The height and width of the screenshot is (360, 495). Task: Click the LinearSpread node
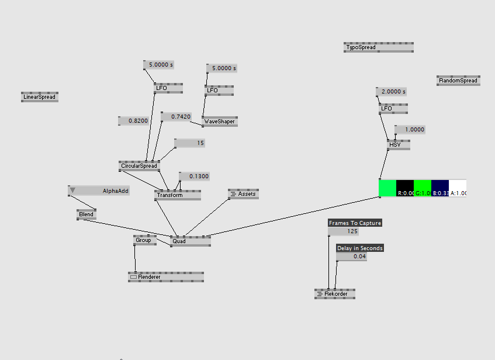[x=40, y=97]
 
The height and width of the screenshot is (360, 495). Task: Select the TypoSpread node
[x=378, y=47]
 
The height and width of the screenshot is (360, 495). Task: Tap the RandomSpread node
[x=458, y=81]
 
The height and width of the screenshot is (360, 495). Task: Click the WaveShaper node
[x=220, y=122]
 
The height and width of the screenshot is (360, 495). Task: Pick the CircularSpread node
[x=139, y=166]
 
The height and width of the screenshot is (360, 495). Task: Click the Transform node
[x=178, y=195]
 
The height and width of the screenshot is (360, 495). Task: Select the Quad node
[x=190, y=241]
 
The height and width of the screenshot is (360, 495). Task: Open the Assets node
[x=243, y=193]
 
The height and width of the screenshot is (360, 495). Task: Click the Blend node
[x=86, y=214]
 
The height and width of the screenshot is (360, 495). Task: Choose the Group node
[x=144, y=240]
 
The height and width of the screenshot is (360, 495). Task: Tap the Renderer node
[x=166, y=277]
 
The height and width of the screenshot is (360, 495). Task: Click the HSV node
[x=399, y=144]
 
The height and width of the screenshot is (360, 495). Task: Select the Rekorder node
[x=335, y=293]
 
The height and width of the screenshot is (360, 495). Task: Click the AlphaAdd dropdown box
[x=99, y=191]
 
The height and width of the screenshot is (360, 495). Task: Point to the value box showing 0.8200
[x=134, y=120]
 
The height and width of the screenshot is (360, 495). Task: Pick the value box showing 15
[x=190, y=143]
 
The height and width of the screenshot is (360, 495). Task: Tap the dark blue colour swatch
[x=439, y=188]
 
